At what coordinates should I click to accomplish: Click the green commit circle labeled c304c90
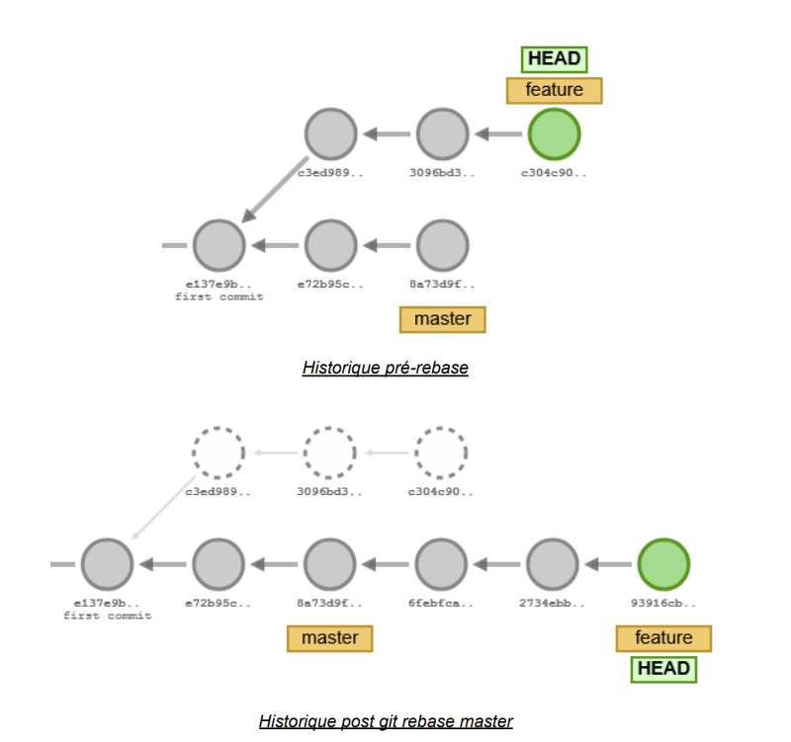click(554, 134)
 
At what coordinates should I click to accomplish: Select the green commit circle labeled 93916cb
click(663, 564)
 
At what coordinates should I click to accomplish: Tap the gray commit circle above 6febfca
click(441, 564)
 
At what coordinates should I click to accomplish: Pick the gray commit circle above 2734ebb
click(553, 564)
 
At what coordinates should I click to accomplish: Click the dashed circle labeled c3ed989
click(218, 452)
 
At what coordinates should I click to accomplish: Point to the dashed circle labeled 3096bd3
click(329, 452)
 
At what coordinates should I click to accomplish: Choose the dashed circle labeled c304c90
click(441, 452)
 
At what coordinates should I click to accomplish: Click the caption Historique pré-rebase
click(386, 368)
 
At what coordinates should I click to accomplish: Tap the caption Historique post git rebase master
click(386, 721)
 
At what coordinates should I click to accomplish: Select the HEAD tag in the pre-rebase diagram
click(554, 59)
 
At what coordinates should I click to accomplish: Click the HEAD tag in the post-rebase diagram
click(663, 669)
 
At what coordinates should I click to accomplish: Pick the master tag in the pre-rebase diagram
click(442, 319)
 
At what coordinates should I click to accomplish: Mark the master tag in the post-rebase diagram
click(329, 638)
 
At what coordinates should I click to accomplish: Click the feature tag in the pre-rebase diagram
click(554, 90)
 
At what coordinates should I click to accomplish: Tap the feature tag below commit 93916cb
click(663, 638)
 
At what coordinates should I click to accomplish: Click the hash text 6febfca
click(441, 603)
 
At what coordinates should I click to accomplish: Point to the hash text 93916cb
click(663, 603)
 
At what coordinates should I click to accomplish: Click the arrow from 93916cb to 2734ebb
click(608, 565)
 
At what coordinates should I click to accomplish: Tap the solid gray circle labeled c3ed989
click(330, 134)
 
